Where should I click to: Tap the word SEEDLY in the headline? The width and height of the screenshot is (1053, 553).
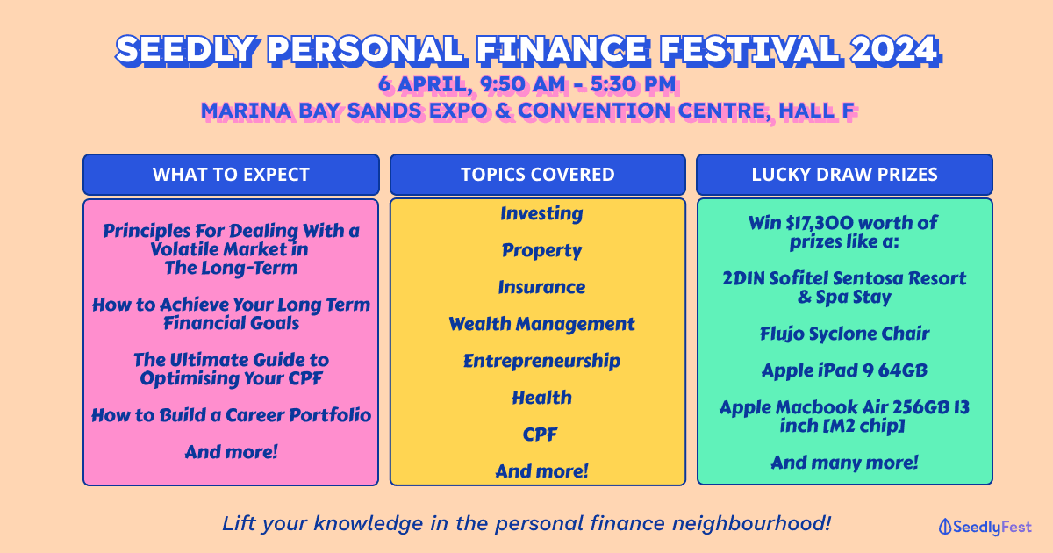coord(186,50)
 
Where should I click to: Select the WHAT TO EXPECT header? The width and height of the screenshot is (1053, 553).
coord(231,175)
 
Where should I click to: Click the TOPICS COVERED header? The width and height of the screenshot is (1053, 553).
coord(538,175)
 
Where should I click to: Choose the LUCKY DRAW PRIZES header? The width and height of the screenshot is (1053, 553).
coord(844,175)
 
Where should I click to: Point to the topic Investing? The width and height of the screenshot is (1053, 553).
coord(541,213)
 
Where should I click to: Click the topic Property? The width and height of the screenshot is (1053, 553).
coord(541,251)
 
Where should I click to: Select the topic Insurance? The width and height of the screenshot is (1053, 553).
coord(541,287)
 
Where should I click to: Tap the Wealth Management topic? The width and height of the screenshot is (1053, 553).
coord(541,324)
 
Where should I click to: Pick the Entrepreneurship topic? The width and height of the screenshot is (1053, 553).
coord(541,361)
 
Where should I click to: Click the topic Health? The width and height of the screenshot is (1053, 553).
coord(541,398)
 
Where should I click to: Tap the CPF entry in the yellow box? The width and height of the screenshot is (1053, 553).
coord(540,434)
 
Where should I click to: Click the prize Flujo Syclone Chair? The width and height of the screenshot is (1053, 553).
coord(844,334)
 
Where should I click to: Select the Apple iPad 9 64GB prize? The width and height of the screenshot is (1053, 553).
coord(844,371)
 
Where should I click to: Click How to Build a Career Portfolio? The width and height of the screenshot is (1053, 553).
coord(231,415)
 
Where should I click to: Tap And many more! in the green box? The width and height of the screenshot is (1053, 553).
coord(844,463)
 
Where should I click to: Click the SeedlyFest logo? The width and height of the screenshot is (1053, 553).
coord(985,528)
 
